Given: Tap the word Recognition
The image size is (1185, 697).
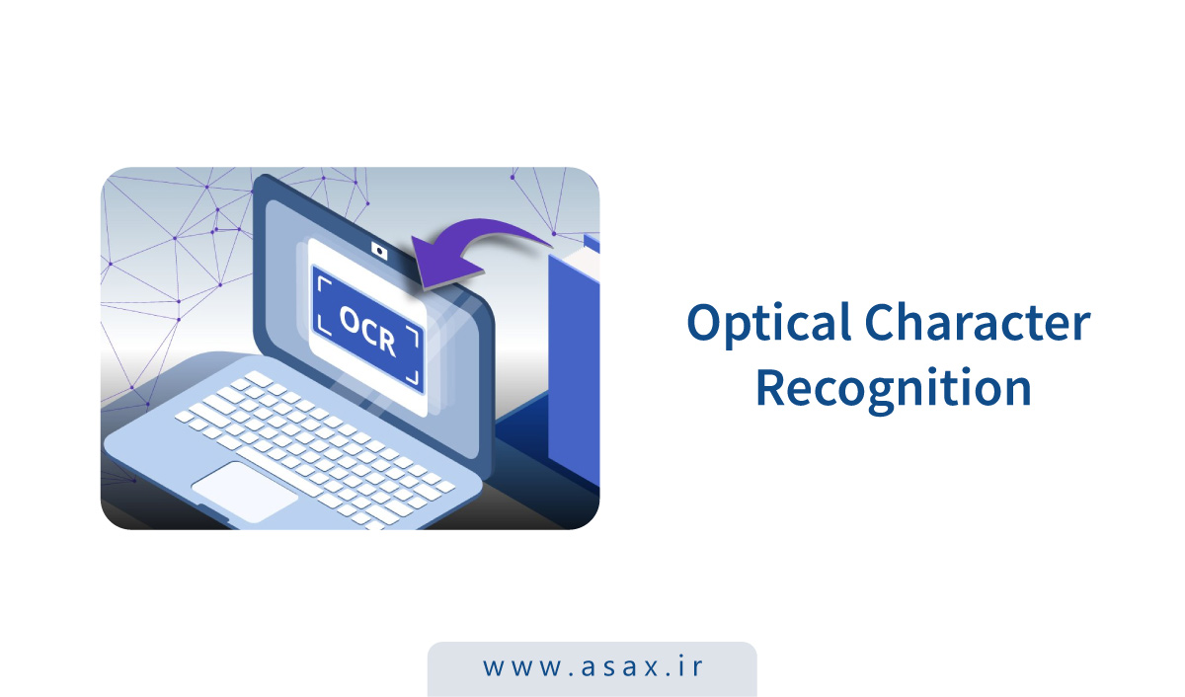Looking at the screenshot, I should tap(893, 388).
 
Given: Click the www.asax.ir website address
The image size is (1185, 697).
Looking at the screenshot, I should tap(592, 667).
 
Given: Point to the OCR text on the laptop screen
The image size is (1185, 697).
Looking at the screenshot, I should tap(366, 330).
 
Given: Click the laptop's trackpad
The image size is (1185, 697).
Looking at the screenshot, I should tap(244, 486).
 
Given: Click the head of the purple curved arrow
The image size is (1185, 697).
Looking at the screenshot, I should tap(429, 264).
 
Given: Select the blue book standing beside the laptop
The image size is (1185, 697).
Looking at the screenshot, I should tap(573, 365).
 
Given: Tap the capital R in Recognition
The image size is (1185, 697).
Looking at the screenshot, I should tap(774, 387).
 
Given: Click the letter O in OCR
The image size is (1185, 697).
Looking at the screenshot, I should tap(351, 320).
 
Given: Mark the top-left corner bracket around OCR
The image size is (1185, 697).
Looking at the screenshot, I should tap(322, 282).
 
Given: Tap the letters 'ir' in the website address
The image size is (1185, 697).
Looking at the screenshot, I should tap(689, 667).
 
